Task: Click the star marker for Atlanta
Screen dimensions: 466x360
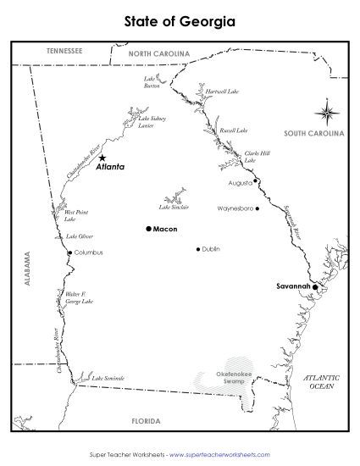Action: point(102,158)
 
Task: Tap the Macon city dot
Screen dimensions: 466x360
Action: point(148,229)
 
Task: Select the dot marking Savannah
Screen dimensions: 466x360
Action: point(314,287)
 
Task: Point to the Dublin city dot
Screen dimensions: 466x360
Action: point(198,249)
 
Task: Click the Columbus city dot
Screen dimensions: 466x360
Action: point(70,252)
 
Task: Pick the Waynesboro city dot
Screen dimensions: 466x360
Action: point(258,208)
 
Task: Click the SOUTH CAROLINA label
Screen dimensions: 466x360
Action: point(313,134)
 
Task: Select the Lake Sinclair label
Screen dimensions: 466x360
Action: point(174,207)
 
